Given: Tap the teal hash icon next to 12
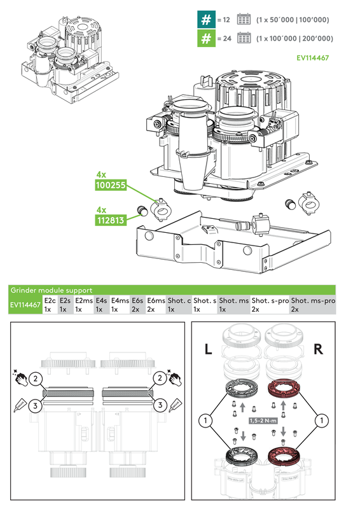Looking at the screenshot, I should tap(205, 20).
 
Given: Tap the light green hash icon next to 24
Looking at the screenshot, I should tap(205, 39).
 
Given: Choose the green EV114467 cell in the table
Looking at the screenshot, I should tap(25, 305).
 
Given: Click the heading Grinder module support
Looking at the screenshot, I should tap(51, 290).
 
